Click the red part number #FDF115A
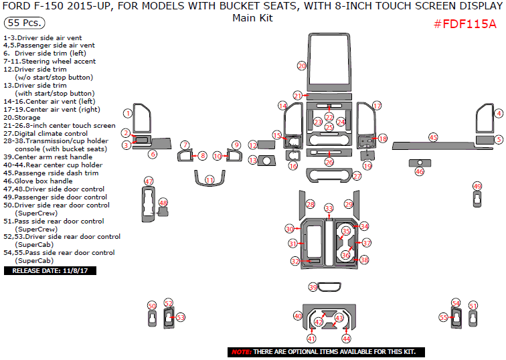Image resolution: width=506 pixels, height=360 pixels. [x=465, y=25]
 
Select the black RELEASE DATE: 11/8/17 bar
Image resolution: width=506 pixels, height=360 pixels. [x=51, y=271]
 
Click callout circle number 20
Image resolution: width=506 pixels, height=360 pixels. [x=302, y=66]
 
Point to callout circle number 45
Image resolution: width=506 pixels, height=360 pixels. [x=433, y=137]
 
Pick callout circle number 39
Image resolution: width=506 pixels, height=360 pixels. [x=313, y=287]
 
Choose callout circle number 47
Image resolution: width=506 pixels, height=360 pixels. [x=149, y=181]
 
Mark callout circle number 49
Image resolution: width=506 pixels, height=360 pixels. [x=477, y=186]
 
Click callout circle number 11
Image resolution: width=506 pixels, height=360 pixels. [x=209, y=180]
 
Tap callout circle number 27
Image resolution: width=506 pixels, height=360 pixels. [x=357, y=176]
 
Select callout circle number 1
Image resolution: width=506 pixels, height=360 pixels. [x=126, y=114]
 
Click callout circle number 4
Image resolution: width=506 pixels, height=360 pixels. [x=498, y=114]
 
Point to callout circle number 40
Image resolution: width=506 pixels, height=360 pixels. [x=298, y=316]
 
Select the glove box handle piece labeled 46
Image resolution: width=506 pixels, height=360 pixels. [x=420, y=163]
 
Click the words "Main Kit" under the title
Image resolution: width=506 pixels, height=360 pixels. [x=252, y=18]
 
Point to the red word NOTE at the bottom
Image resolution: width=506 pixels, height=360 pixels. [x=241, y=352]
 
